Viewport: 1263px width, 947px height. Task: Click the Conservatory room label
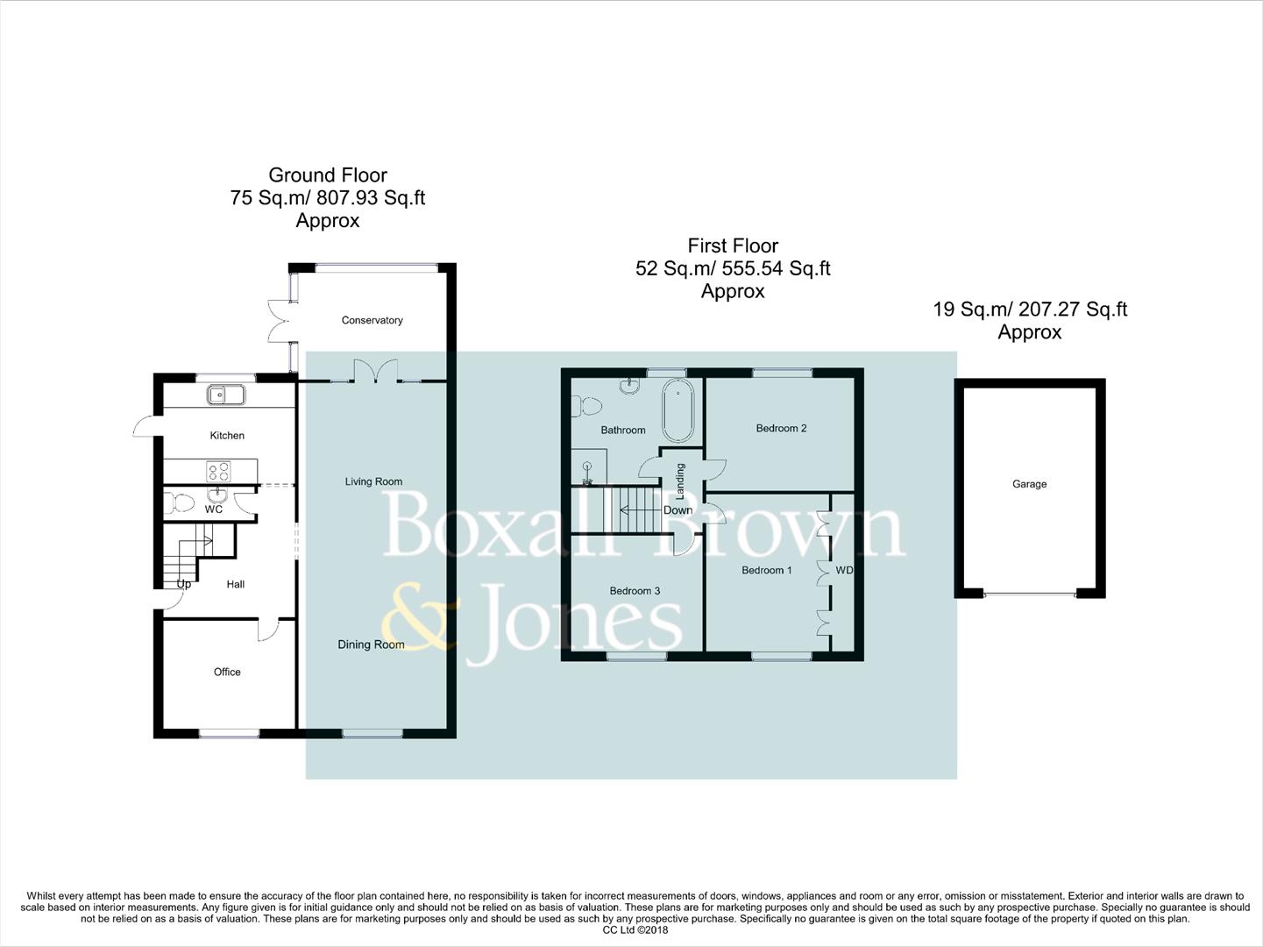(x=372, y=320)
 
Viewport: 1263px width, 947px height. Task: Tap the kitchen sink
(x=226, y=395)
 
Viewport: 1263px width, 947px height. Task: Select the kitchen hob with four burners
(x=218, y=472)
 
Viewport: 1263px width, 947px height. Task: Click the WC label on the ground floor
(x=214, y=509)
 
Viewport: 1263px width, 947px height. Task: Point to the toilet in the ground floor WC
(x=181, y=503)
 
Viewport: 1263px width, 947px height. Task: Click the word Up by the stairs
(x=183, y=584)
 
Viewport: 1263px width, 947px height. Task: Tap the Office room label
(x=227, y=672)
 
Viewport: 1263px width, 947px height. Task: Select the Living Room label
(x=373, y=481)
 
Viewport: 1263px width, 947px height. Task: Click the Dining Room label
(x=371, y=644)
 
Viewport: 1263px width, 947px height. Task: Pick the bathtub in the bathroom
(x=677, y=409)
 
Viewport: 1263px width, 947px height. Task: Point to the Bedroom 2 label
(x=781, y=428)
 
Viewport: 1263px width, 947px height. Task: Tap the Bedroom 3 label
(x=635, y=591)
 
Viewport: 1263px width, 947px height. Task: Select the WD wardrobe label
(x=843, y=570)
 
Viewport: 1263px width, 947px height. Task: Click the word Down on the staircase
(x=678, y=510)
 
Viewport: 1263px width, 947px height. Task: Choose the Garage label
(x=1029, y=484)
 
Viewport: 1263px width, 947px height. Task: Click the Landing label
(x=679, y=482)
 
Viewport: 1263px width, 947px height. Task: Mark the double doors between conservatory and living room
(x=375, y=371)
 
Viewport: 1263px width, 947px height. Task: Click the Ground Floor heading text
(x=327, y=175)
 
